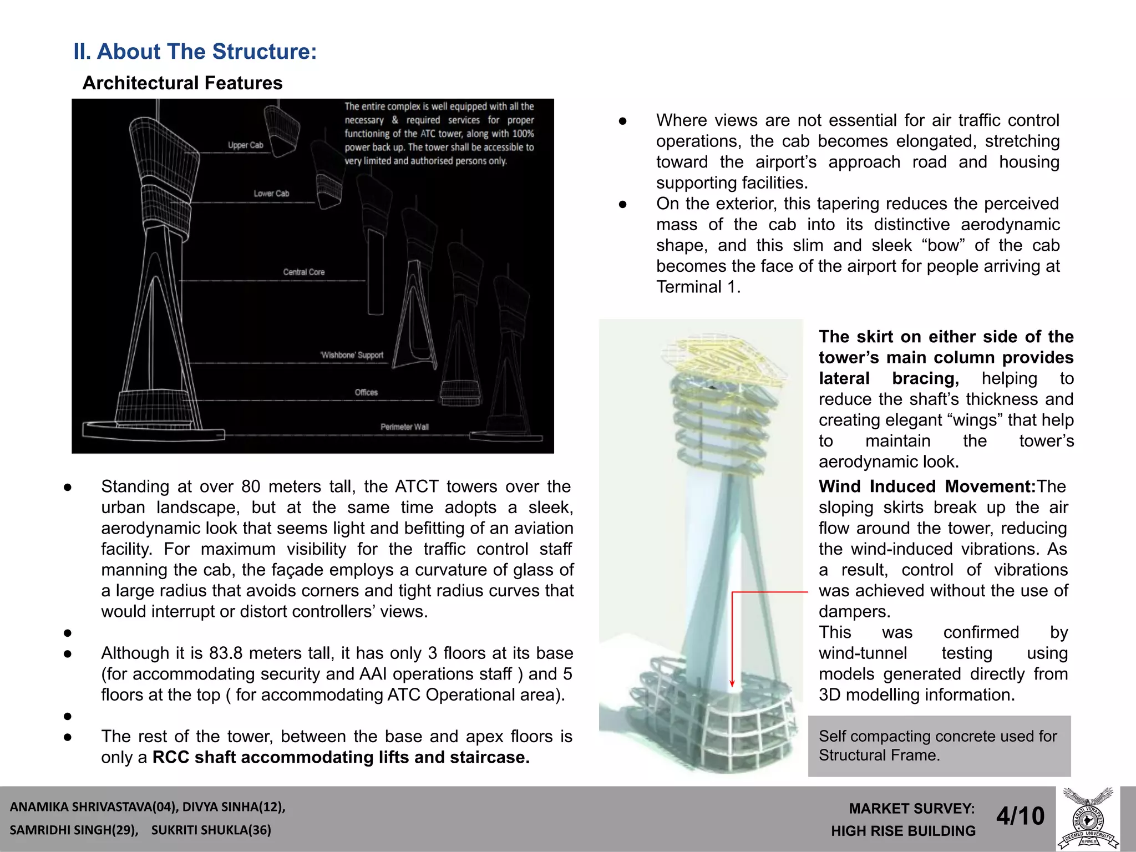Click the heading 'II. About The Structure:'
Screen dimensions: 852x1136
pyautogui.click(x=195, y=52)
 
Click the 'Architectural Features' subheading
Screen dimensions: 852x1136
pyautogui.click(x=182, y=83)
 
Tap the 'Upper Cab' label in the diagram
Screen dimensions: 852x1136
pyautogui.click(x=245, y=145)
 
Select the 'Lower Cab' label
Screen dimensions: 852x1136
pyautogui.click(x=271, y=194)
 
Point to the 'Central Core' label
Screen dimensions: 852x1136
pyautogui.click(x=303, y=272)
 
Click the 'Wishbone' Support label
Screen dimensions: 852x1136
pyautogui.click(x=352, y=355)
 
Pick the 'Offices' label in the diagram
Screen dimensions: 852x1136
pyautogui.click(x=366, y=393)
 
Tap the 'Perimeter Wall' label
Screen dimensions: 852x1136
pyautogui.click(x=404, y=427)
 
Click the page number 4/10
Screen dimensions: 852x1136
pyautogui.click(x=1020, y=816)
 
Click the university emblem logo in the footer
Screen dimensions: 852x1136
pyautogui.click(x=1088, y=819)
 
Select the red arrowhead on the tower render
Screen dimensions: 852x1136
pyautogui.click(x=732, y=683)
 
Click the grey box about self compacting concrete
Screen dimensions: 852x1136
pyautogui.click(x=939, y=745)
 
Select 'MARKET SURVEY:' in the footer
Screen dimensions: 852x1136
pyautogui.click(x=911, y=809)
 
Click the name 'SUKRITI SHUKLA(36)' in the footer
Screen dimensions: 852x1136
pyautogui.click(x=211, y=830)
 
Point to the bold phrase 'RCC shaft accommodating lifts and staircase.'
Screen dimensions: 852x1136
pyautogui.click(x=341, y=758)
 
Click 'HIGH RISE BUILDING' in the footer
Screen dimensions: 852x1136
pyautogui.click(x=903, y=831)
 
